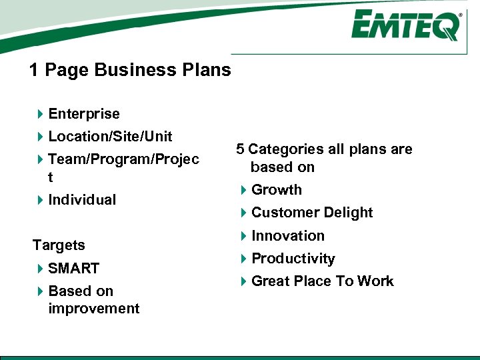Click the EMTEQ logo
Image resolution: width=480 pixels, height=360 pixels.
click(x=405, y=26)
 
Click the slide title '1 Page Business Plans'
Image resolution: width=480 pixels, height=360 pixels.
click(x=130, y=70)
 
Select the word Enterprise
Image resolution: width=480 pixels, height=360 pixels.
click(x=84, y=114)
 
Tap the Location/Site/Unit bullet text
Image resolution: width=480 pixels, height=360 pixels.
click(x=110, y=137)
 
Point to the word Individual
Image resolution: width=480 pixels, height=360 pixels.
click(x=82, y=200)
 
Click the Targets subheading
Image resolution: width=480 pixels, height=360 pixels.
click(x=59, y=245)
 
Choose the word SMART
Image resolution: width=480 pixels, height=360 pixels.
click(x=73, y=269)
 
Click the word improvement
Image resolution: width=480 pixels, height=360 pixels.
click(x=94, y=309)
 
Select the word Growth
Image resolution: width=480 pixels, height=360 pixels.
click(x=276, y=190)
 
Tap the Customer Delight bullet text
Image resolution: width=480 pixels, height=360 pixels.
click(x=311, y=213)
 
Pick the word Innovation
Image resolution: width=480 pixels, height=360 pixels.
click(x=287, y=236)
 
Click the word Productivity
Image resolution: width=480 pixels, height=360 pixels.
click(x=293, y=259)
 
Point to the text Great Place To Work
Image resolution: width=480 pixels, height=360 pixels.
click(x=322, y=281)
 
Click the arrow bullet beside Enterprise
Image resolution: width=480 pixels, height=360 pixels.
click(x=40, y=114)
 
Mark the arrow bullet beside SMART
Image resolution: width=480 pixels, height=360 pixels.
click(x=40, y=269)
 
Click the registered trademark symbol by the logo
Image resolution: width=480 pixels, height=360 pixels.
click(x=460, y=14)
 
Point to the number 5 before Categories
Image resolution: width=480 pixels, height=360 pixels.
click(x=240, y=149)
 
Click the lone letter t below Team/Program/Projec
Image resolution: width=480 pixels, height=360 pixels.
click(x=51, y=178)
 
